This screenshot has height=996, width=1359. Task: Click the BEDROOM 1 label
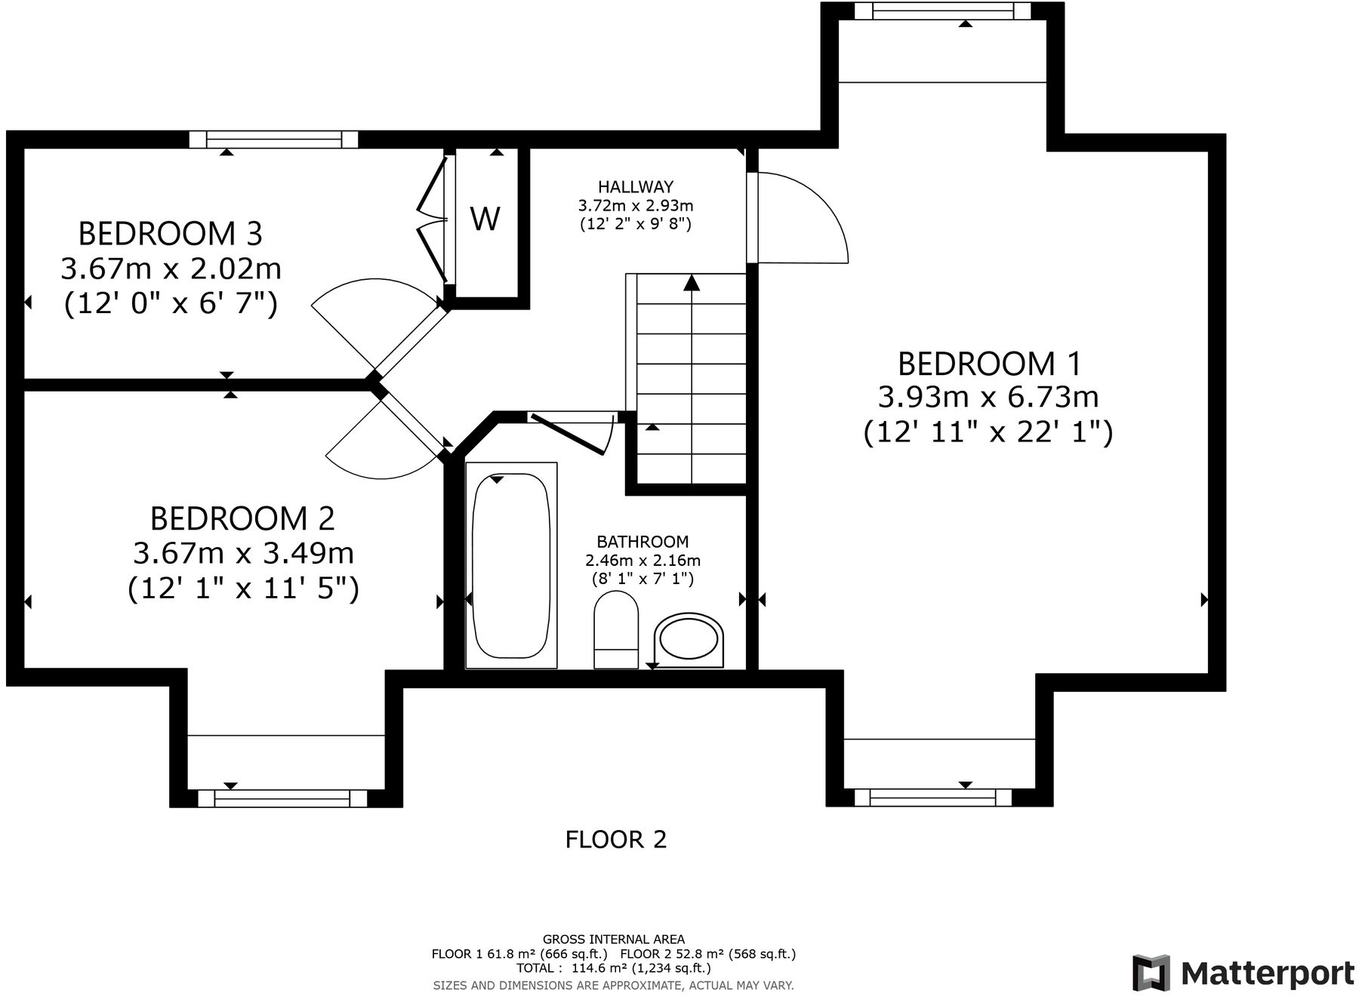click(988, 364)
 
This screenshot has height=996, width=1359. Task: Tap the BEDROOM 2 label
click(242, 518)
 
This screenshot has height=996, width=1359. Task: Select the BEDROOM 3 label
click(170, 233)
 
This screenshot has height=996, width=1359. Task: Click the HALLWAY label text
click(635, 186)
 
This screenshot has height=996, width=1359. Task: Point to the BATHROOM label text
click(643, 541)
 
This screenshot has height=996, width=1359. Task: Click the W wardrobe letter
click(485, 219)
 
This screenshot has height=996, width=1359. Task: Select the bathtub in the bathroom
click(511, 565)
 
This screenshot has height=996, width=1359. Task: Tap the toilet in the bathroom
click(616, 629)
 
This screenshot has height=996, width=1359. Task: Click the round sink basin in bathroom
click(689, 641)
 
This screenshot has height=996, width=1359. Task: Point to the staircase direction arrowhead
click(692, 283)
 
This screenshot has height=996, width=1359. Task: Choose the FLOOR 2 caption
click(616, 839)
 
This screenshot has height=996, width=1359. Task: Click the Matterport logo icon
click(1151, 973)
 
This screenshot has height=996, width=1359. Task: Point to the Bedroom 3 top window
click(273, 139)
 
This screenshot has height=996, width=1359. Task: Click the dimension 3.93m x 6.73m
click(988, 397)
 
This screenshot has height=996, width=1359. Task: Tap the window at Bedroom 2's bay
click(282, 798)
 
